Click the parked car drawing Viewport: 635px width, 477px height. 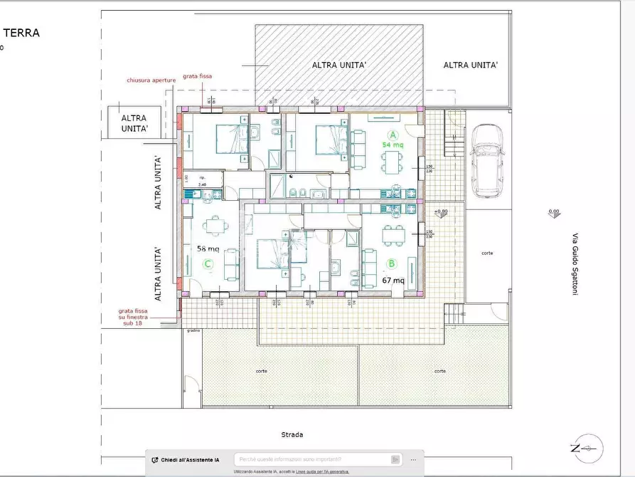point(487,161)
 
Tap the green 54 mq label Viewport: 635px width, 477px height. point(393,145)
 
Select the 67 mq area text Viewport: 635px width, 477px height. point(393,280)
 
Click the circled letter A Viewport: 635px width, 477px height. point(392,135)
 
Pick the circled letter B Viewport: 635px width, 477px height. point(390,263)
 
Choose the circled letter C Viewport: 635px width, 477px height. point(208,264)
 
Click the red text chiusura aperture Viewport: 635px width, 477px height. point(150,80)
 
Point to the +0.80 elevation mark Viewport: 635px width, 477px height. point(441,211)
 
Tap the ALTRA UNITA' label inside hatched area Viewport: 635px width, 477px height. point(339,65)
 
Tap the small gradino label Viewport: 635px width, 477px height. point(193,330)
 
